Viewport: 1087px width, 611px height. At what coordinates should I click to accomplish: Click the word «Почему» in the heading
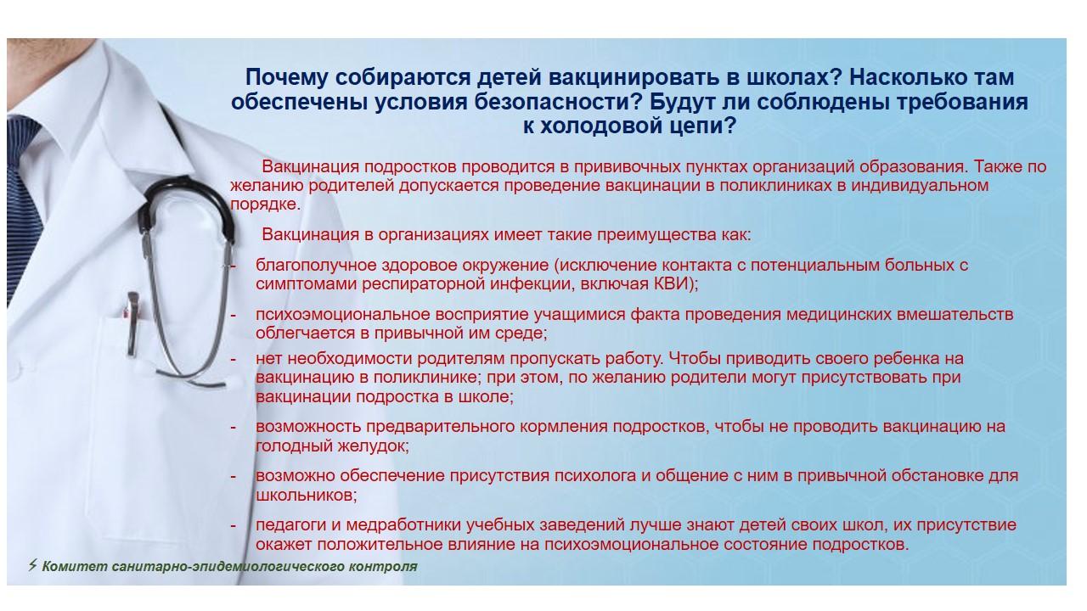pos(286,78)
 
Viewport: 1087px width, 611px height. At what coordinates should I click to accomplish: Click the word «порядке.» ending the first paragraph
pos(266,205)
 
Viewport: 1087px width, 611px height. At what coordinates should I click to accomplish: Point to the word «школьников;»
pos(307,496)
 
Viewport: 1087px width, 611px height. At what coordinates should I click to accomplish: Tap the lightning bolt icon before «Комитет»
pos(32,565)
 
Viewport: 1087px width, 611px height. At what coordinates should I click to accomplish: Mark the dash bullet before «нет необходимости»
pos(234,359)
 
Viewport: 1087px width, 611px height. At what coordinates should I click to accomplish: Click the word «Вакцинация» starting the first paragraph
pos(311,167)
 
